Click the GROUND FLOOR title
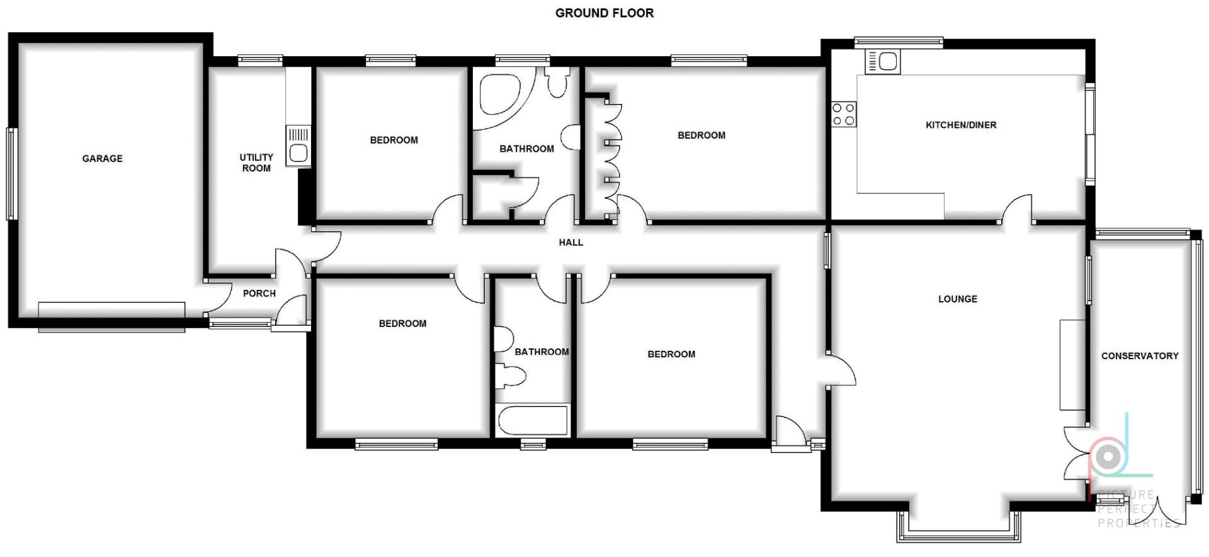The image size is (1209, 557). (x=604, y=13)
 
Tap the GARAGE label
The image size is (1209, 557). (x=102, y=159)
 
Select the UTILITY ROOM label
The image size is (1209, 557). (x=256, y=163)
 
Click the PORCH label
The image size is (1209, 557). (x=259, y=294)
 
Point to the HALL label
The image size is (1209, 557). (x=571, y=243)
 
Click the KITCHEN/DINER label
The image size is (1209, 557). (x=961, y=125)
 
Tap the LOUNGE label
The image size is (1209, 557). (x=958, y=299)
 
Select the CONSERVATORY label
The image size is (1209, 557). (x=1140, y=356)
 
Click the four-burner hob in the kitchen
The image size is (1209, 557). (x=844, y=114)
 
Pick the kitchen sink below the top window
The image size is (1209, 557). (x=883, y=62)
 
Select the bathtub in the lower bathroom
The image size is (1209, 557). (x=533, y=421)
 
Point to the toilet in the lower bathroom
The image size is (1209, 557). (x=511, y=377)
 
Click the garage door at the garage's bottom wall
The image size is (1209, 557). (x=111, y=317)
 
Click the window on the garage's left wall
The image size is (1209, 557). (x=10, y=174)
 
